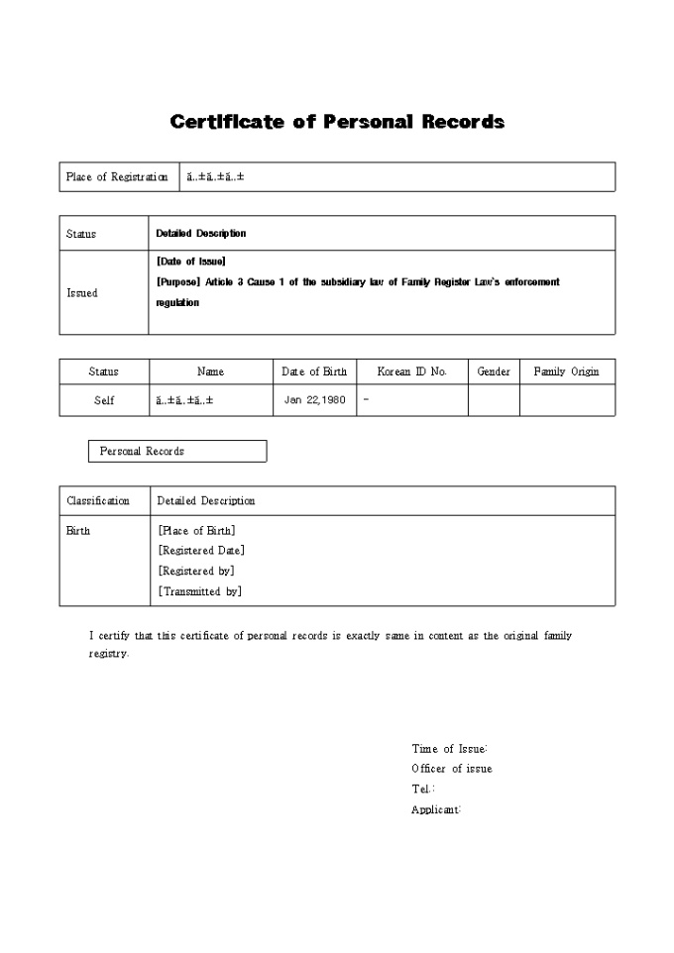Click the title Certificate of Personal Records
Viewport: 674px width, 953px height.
(x=337, y=122)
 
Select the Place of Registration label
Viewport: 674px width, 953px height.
(x=117, y=177)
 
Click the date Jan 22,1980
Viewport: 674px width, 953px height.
(x=315, y=400)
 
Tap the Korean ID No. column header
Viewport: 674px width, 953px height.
(x=412, y=371)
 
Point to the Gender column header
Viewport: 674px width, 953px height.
(x=494, y=371)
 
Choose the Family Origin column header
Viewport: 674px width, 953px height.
(x=566, y=371)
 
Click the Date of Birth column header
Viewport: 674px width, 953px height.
(x=314, y=371)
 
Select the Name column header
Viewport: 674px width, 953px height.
(x=210, y=371)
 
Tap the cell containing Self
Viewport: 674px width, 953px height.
(x=104, y=400)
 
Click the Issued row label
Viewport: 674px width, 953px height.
(x=82, y=293)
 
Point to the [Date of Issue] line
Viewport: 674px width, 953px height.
(x=191, y=262)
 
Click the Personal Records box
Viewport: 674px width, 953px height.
(x=177, y=451)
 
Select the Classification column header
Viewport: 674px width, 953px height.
(x=98, y=501)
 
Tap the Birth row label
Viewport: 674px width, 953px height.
(x=78, y=531)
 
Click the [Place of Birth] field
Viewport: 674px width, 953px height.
(x=196, y=531)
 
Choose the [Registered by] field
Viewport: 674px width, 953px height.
(x=196, y=572)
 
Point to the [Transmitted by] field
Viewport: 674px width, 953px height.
(x=199, y=591)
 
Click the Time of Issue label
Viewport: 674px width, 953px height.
(x=449, y=749)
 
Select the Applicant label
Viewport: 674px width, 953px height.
(x=436, y=809)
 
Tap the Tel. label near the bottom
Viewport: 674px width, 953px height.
(x=422, y=789)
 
